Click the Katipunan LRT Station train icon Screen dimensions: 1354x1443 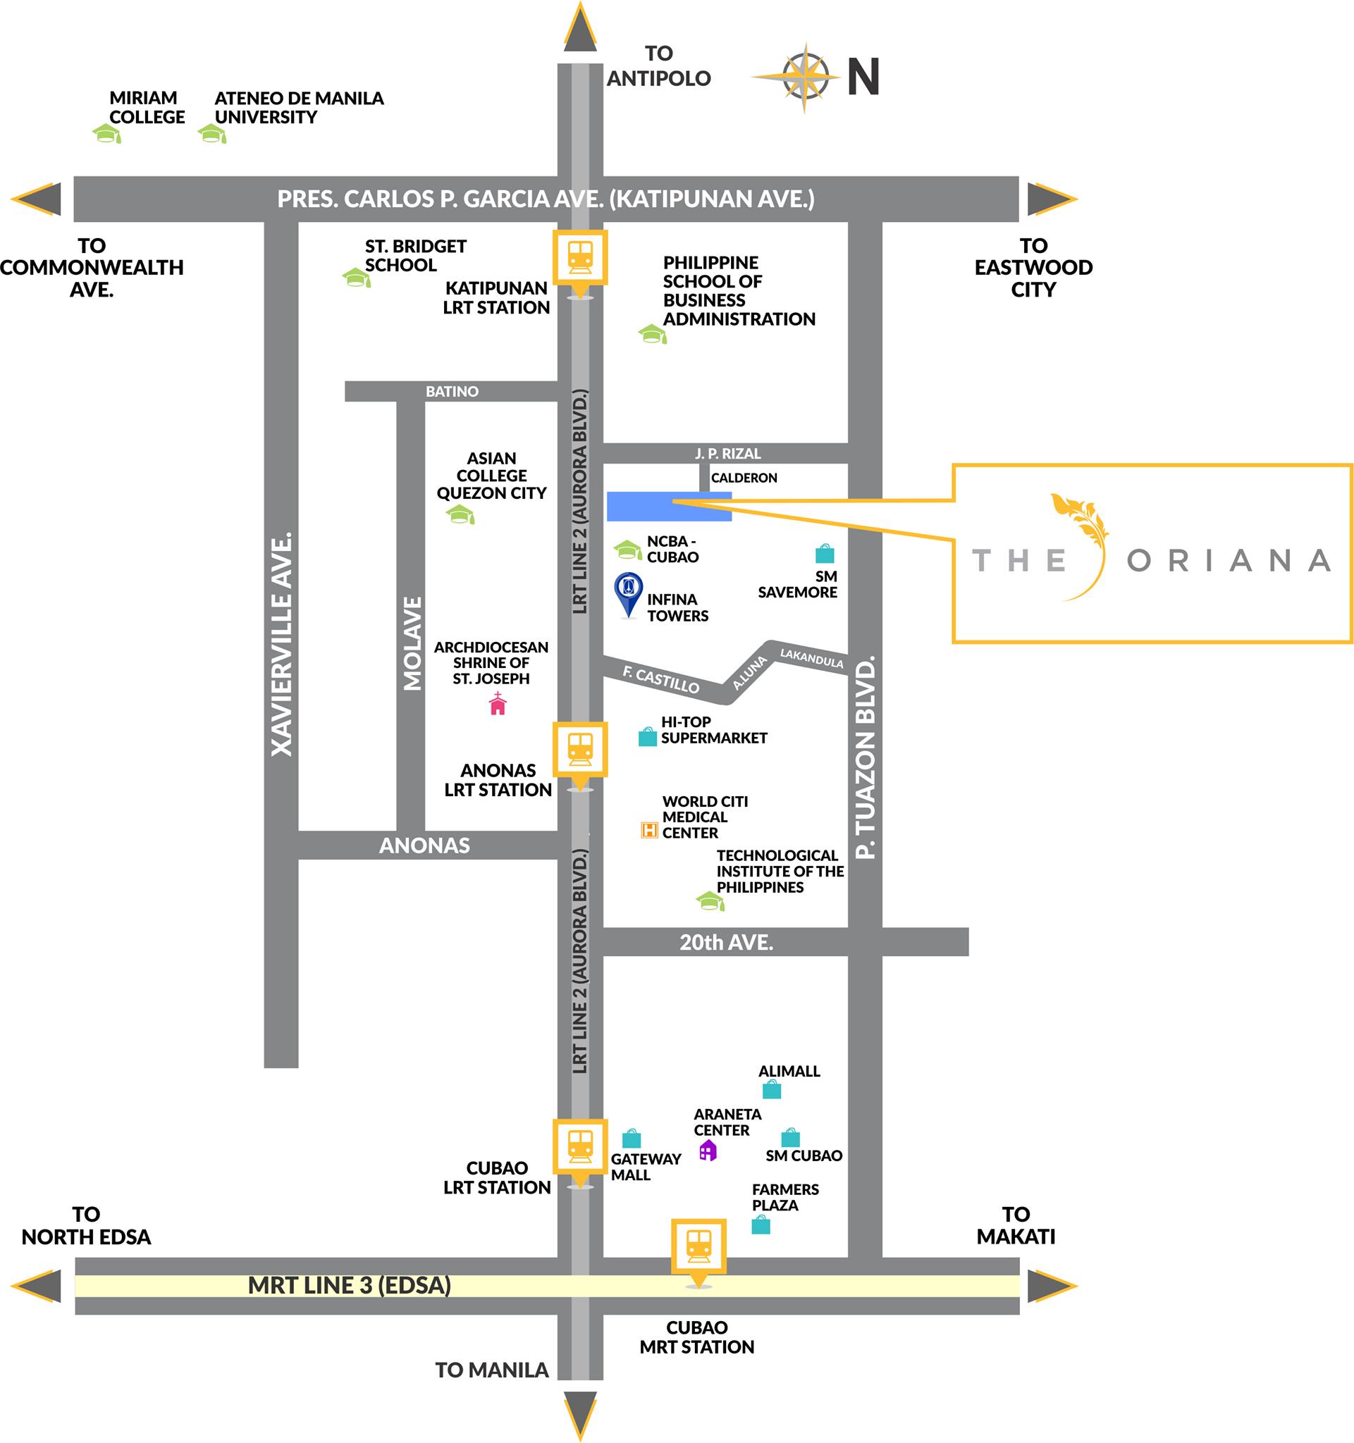tap(579, 257)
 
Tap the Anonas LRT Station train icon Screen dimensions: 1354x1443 tap(579, 748)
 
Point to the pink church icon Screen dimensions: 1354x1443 tap(498, 703)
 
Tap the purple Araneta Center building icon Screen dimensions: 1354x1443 tap(707, 1151)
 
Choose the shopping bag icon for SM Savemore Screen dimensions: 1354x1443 tap(825, 553)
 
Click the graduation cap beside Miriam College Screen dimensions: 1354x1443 tap(106, 134)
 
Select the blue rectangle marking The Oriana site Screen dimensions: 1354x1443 tap(669, 507)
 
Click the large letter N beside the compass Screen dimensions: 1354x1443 tap(864, 77)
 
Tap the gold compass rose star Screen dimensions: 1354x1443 tap(804, 77)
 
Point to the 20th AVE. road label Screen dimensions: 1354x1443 tap(726, 942)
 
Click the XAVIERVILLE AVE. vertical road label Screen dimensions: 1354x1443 tap(282, 645)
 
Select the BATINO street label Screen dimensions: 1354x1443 tap(452, 391)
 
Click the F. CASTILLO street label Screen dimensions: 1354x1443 tap(660, 680)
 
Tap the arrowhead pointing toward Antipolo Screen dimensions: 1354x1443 tap(580, 27)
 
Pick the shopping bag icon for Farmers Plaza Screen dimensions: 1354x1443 tap(760, 1225)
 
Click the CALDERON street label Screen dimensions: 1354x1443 tap(744, 478)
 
